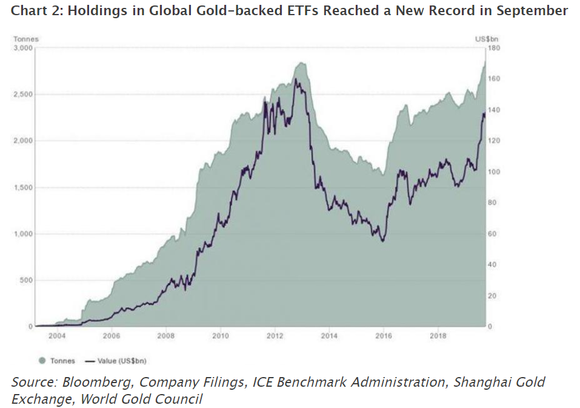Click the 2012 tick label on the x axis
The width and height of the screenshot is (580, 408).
pyautogui.click(x=275, y=335)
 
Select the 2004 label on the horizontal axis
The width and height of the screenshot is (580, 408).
pyautogui.click(x=57, y=335)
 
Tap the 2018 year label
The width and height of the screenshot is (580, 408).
pyautogui.click(x=439, y=335)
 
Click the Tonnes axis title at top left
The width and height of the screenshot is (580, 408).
pyautogui.click(x=26, y=39)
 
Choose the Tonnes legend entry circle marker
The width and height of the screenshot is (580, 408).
pyautogui.click(x=42, y=361)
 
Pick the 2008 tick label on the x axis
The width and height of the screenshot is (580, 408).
pyautogui.click(x=166, y=335)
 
